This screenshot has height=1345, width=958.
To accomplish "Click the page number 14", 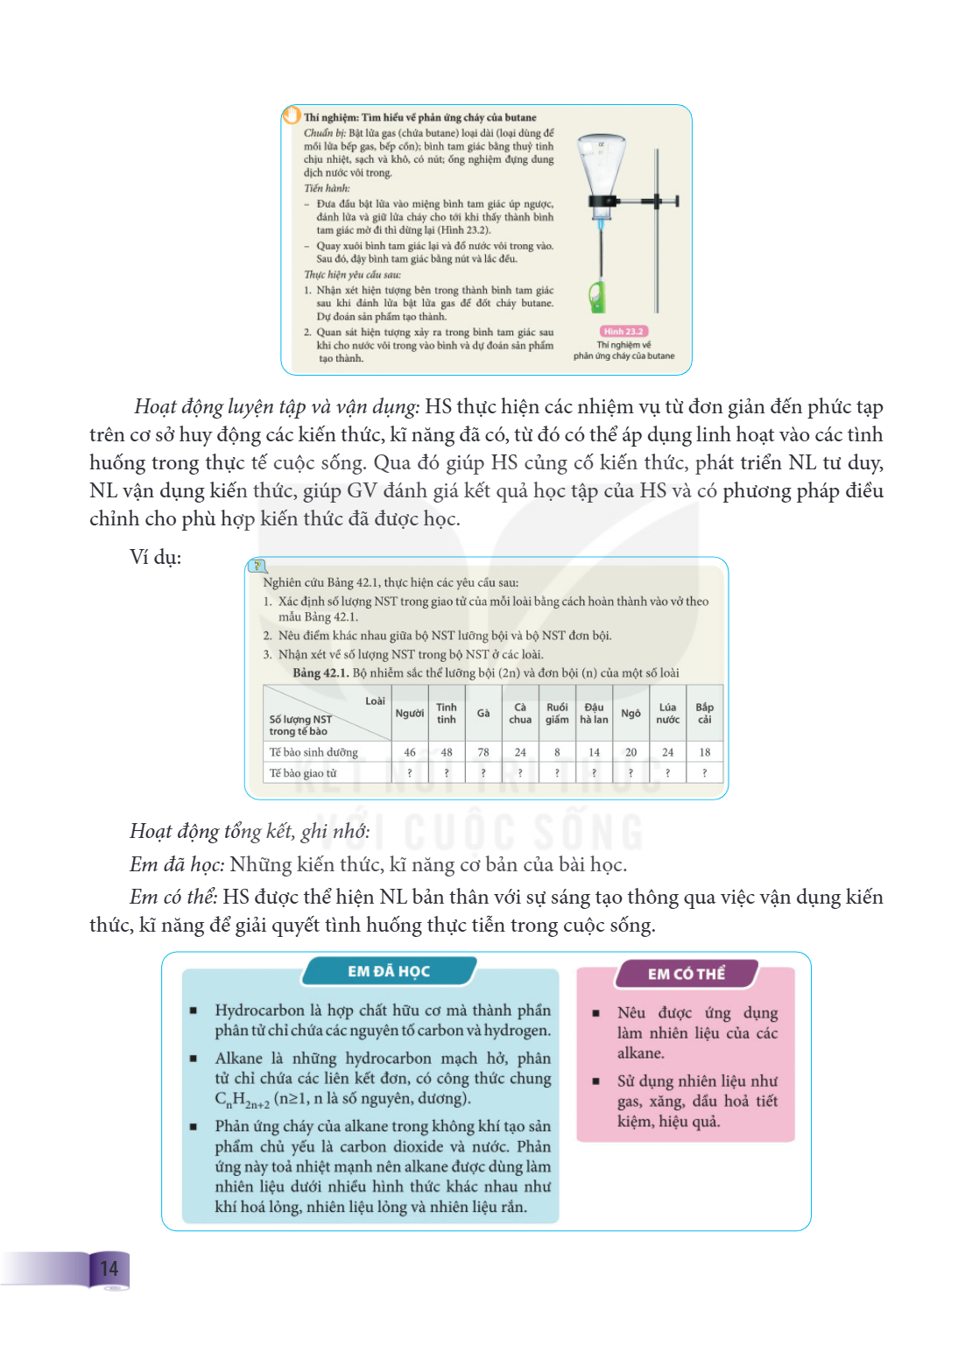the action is point(109,1268).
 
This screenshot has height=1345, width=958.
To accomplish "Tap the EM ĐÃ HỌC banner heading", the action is point(389,971).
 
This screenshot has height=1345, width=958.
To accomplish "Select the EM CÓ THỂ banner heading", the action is point(686,974).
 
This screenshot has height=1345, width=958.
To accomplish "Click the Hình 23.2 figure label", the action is point(623,332).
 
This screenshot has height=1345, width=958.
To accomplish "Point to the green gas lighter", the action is point(597,297).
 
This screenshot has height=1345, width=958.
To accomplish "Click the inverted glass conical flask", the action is point(601,171).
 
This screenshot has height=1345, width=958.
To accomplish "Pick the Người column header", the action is point(410,713).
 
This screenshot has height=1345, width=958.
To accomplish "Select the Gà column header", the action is point(483,713).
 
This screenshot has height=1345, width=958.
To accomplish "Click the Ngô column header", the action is point(630,713).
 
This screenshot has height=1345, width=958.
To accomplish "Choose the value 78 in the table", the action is point(483,752).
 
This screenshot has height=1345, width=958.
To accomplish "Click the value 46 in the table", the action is point(410,752).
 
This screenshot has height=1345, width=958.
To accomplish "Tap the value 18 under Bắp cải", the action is point(705,752).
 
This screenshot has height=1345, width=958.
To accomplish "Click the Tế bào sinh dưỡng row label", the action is point(313,752).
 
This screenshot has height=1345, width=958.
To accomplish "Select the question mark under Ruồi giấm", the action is point(557,773).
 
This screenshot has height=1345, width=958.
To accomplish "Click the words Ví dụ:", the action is point(156,557).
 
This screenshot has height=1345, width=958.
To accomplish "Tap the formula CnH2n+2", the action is point(242,1100).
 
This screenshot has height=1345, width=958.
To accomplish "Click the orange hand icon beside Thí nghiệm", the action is point(292,114).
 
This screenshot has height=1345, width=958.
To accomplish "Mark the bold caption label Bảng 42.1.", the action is point(321,672).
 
